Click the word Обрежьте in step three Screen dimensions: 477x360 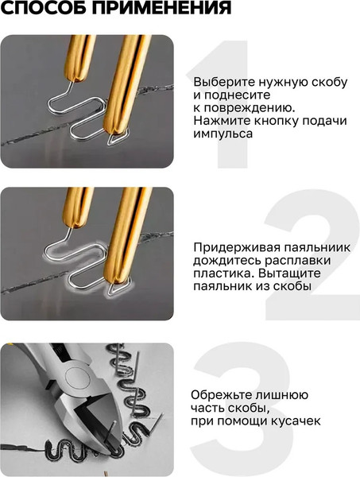[219, 395]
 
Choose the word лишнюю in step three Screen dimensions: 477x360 [282, 395]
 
